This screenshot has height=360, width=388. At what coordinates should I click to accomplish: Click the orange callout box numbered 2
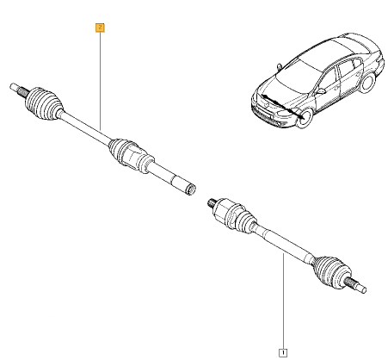point(100,28)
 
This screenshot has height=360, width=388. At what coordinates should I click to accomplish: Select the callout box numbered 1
point(283,352)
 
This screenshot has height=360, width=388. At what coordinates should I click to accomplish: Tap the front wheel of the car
point(305,118)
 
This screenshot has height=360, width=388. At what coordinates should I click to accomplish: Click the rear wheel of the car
point(367,83)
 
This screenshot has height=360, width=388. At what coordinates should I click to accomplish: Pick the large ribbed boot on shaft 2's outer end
point(44,103)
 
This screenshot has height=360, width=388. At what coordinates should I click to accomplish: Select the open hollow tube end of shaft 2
point(190,189)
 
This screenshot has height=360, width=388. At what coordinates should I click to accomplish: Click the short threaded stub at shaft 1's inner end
point(212,203)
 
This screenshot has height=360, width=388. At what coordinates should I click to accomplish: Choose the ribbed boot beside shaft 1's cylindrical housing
point(243,220)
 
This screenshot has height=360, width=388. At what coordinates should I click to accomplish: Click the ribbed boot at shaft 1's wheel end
point(333,272)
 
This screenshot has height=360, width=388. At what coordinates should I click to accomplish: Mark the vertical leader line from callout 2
point(101,81)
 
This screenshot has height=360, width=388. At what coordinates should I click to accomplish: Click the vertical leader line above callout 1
point(283,301)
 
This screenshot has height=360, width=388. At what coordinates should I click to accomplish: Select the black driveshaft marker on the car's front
point(282,106)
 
